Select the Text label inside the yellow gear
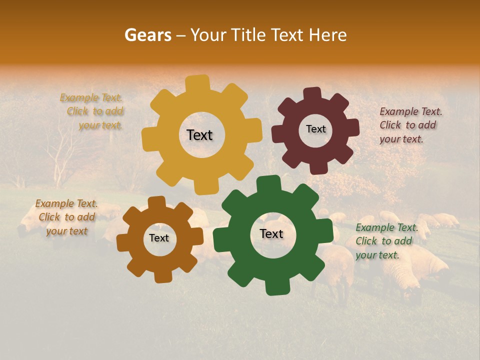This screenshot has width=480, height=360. pos(199,135)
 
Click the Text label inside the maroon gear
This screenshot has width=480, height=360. pos(315,129)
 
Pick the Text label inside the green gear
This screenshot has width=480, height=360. pos(271,234)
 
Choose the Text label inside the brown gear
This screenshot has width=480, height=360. pos(159,238)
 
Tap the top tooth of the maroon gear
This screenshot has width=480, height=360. pos(312,93)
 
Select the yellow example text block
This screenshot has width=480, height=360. pos(93,111)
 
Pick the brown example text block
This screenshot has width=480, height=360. pos(66,217)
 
